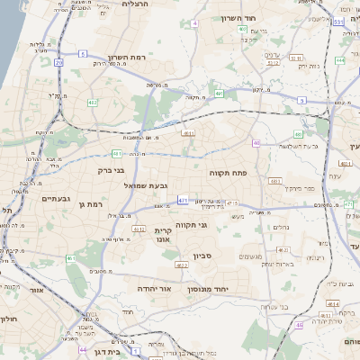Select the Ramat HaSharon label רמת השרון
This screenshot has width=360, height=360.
(126, 56)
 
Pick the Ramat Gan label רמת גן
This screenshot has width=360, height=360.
(94, 205)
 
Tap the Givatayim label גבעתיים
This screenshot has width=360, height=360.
(57, 198)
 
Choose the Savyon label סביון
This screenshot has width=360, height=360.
(202, 256)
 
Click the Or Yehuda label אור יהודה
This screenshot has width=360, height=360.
(153, 289)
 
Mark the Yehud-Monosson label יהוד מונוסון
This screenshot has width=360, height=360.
(211, 290)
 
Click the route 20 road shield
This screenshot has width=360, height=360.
(59, 62)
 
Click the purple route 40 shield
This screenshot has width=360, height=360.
(256, 142)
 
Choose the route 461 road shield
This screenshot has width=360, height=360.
(71, 258)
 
